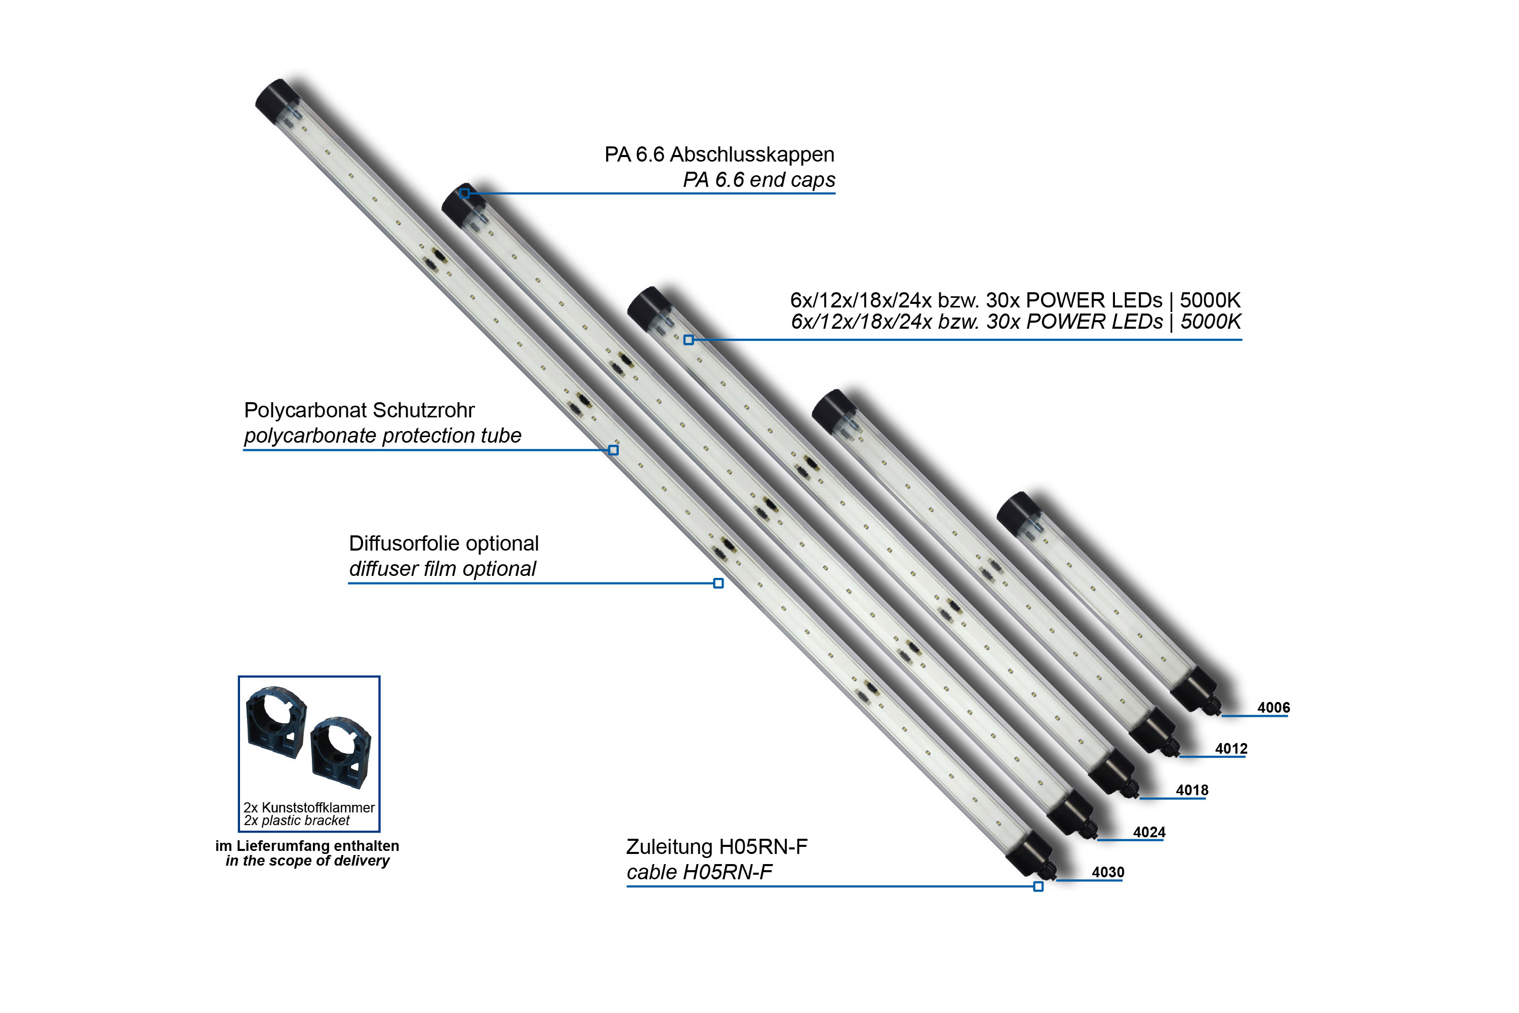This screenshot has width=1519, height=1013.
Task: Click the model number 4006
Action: (x=1273, y=708)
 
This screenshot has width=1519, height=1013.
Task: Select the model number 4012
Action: (x=1231, y=749)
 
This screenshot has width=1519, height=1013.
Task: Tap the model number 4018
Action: (x=1191, y=790)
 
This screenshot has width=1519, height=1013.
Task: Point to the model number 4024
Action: (x=1149, y=832)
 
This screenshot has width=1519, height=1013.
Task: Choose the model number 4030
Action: (x=1108, y=872)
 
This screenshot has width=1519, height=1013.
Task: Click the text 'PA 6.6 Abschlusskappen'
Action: (x=719, y=154)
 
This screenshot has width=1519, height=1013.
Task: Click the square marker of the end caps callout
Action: (x=464, y=193)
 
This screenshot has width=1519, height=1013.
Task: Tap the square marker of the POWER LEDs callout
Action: (x=689, y=340)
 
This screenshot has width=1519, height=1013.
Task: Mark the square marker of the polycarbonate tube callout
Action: (x=614, y=450)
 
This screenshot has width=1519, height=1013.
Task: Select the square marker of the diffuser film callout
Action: (x=718, y=583)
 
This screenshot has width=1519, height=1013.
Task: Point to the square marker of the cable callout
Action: (x=1038, y=886)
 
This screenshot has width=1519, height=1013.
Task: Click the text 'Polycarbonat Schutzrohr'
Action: (x=359, y=410)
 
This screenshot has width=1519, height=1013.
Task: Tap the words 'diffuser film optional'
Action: (x=443, y=569)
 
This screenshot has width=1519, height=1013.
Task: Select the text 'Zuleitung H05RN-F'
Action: (x=717, y=847)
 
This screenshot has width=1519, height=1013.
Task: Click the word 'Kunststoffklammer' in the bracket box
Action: (x=318, y=807)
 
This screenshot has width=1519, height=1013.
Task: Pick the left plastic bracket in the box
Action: (x=276, y=722)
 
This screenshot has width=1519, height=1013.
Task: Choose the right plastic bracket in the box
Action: (x=340, y=751)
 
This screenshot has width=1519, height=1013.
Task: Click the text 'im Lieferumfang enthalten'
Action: (x=307, y=846)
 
